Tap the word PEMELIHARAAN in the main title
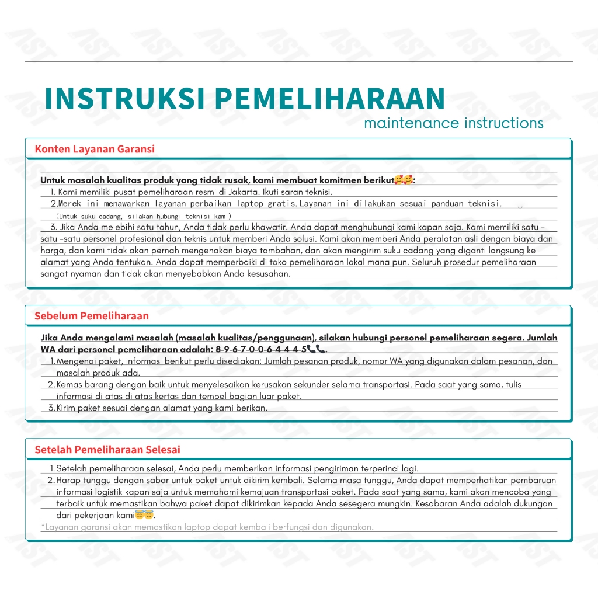tap(331, 99)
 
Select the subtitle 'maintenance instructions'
tap(453, 123)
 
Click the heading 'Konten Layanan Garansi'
tap(95, 149)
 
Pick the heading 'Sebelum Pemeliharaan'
tap(92, 316)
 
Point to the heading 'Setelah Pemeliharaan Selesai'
tap(107, 450)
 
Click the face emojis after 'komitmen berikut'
tap(403, 180)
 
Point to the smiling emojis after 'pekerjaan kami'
tap(144, 515)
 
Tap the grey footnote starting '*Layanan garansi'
tap(207, 527)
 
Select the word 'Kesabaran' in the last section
tap(436, 503)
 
